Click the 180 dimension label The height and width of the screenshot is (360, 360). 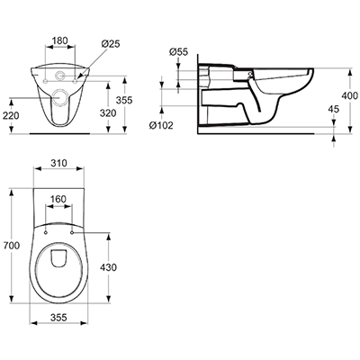pos(60,40)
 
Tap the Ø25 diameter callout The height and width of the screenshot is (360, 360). pos(111,44)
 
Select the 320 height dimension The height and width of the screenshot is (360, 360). pos(108,113)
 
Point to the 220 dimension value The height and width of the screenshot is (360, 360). pos(11,115)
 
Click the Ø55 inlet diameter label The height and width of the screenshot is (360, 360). pos(178,52)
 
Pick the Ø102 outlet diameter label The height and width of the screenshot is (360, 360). pos(161,125)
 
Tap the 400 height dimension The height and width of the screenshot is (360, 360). pos(350,95)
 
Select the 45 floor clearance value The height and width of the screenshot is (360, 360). pos(333,109)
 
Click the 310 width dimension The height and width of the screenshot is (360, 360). pos(58,163)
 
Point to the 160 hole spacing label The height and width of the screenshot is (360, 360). pos(58,199)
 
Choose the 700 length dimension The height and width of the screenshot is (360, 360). pos(12,246)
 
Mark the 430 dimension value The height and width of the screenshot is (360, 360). pos(108,267)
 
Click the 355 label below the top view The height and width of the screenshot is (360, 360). pos(58,318)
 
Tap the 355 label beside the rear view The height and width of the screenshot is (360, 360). pos(124,100)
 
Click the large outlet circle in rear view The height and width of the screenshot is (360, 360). pos(59,97)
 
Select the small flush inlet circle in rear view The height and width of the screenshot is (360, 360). pos(60,75)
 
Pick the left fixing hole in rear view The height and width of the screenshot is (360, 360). pos(45,81)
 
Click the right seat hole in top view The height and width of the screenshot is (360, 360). pos(72,232)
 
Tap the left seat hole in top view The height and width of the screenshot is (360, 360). pos(45,232)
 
